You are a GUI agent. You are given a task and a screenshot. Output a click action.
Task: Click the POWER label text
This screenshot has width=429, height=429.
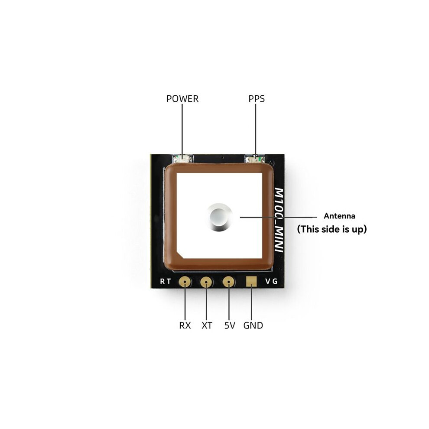(x=182, y=98)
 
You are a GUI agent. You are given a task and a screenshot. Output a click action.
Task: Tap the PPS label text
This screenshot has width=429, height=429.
(x=257, y=98)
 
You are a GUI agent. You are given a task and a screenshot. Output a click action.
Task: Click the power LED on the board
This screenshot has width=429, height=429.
(x=182, y=159)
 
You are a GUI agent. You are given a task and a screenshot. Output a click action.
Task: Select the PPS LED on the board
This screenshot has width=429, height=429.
(x=255, y=159)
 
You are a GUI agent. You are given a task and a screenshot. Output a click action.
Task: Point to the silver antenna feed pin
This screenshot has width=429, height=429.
(x=219, y=217)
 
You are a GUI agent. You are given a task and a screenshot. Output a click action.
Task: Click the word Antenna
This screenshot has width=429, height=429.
(x=339, y=216)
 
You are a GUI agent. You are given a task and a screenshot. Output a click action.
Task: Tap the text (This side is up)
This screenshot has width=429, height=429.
(x=332, y=229)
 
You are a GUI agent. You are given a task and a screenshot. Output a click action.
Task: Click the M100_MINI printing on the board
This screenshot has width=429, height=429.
(x=279, y=220)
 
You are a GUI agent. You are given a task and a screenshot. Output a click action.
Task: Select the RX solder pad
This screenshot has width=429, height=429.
(x=185, y=282)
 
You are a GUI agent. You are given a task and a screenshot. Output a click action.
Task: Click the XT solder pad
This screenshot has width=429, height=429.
(x=207, y=282)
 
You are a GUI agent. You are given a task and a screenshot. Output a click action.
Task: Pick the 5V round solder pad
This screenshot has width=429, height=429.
(x=228, y=282)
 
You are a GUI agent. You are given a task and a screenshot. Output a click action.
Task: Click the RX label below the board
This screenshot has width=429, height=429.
(x=185, y=325)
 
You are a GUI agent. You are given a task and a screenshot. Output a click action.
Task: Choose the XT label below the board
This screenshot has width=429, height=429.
(x=207, y=325)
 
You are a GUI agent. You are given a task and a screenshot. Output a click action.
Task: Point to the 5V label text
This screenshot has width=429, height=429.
(x=230, y=325)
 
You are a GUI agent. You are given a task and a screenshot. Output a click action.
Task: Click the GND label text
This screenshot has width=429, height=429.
(x=253, y=325)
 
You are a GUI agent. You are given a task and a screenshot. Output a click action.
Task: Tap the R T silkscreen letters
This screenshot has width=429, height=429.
(x=166, y=281)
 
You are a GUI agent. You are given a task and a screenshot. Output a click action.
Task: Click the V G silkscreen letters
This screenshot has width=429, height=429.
(x=271, y=281)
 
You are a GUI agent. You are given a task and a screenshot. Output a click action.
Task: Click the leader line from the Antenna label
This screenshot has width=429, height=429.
(x=279, y=217)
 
